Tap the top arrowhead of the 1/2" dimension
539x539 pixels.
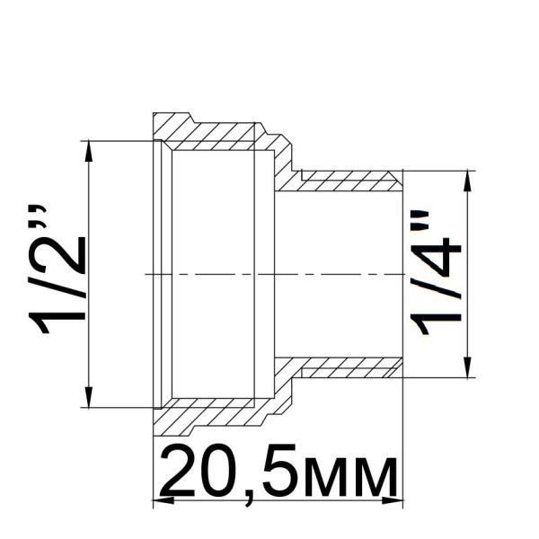(x=88, y=149)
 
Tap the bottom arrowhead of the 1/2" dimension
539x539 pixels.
(x=88, y=399)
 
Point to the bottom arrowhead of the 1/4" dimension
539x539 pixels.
(x=466, y=369)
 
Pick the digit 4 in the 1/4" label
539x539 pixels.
(x=438, y=261)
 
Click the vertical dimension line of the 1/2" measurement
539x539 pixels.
(x=88, y=323)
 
